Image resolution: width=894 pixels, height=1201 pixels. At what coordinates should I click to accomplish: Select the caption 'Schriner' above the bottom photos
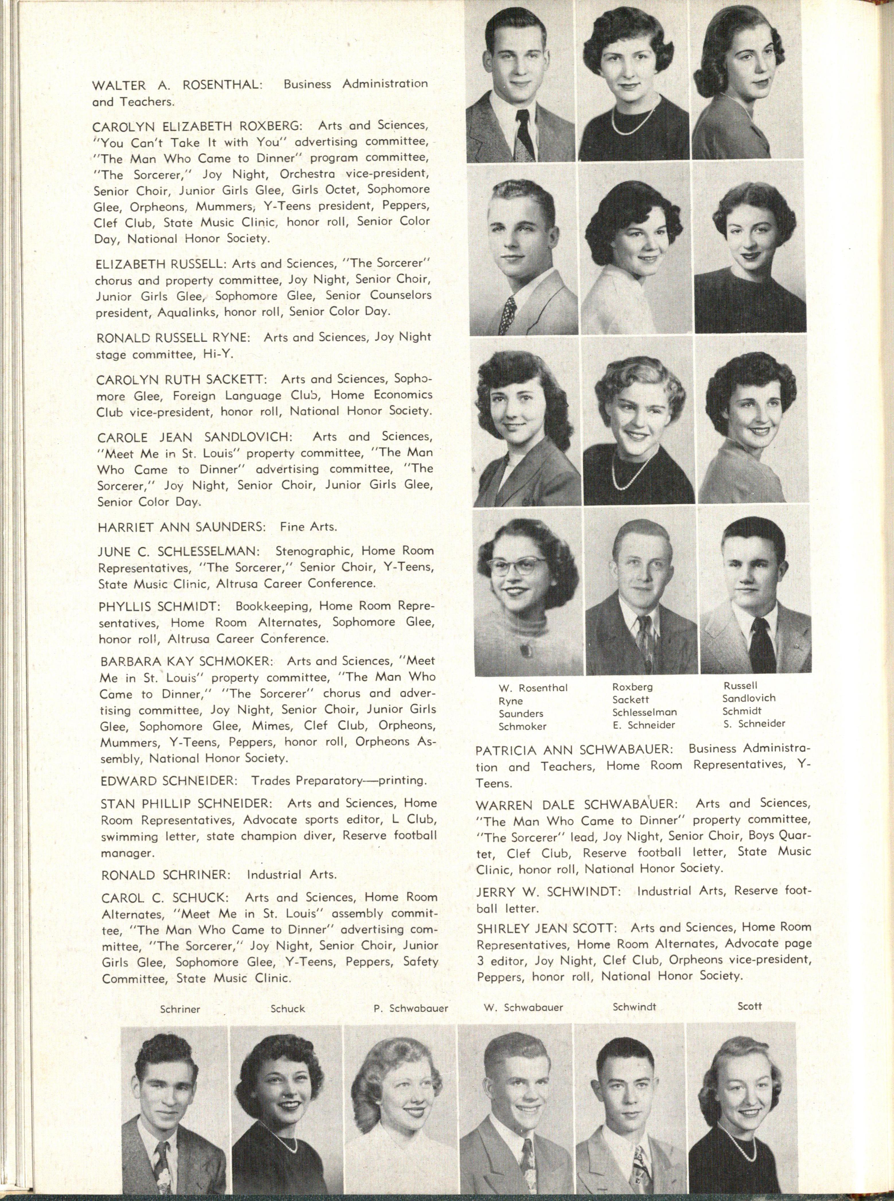pos(180,1009)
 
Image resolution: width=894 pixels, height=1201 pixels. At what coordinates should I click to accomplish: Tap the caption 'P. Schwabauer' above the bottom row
pos(411,1009)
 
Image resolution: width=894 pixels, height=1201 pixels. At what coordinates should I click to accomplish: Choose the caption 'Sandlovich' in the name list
pos(749,698)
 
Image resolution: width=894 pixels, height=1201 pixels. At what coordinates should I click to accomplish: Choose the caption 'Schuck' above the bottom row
pos(288,1009)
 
